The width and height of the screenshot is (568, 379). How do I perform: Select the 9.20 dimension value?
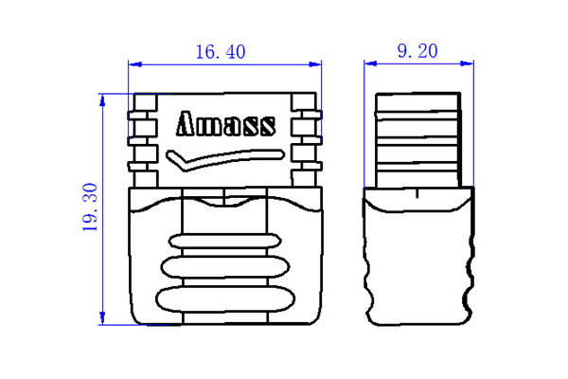pyautogui.click(x=417, y=52)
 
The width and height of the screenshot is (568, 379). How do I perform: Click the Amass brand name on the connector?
pyautogui.click(x=226, y=125)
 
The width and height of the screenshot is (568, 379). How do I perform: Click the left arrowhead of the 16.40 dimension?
pyautogui.click(x=133, y=65)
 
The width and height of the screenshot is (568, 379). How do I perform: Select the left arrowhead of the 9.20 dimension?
pyautogui.click(x=371, y=65)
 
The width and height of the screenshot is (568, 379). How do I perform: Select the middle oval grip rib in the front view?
pyautogui.click(x=224, y=269)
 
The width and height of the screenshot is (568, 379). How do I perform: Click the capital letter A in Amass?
pyautogui.click(x=186, y=125)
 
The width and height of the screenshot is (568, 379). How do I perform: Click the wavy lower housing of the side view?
pyautogui.click(x=418, y=261)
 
